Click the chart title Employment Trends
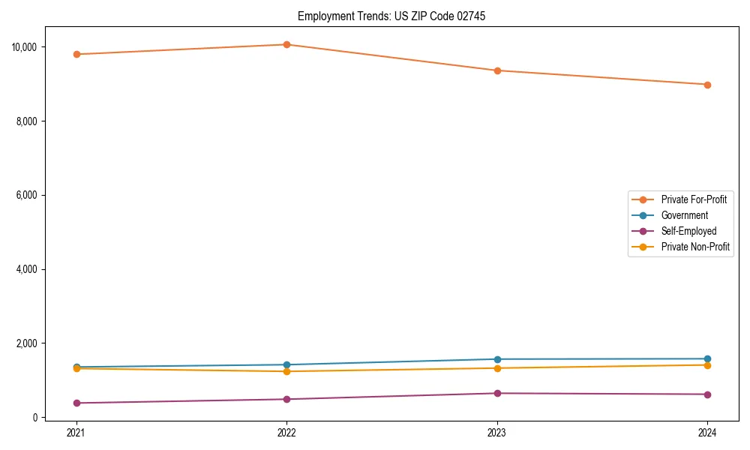pos(391,16)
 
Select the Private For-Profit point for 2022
pos(286,44)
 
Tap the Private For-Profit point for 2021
pos(76,54)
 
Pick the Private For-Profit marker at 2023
pos(497,70)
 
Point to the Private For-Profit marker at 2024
pos(708,85)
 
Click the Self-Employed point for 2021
pos(76,403)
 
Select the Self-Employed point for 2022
pos(286,399)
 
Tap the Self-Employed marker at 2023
pos(497,393)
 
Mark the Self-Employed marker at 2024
pos(708,394)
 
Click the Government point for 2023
pos(497,359)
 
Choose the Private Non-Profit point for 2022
pos(286,371)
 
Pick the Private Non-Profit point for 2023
pos(497,368)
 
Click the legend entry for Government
pos(684,215)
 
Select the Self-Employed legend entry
pos(688,231)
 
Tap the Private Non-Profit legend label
pos(695,247)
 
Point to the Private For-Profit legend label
pos(694,199)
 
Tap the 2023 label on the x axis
pos(497,432)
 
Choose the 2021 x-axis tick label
pos(76,432)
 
